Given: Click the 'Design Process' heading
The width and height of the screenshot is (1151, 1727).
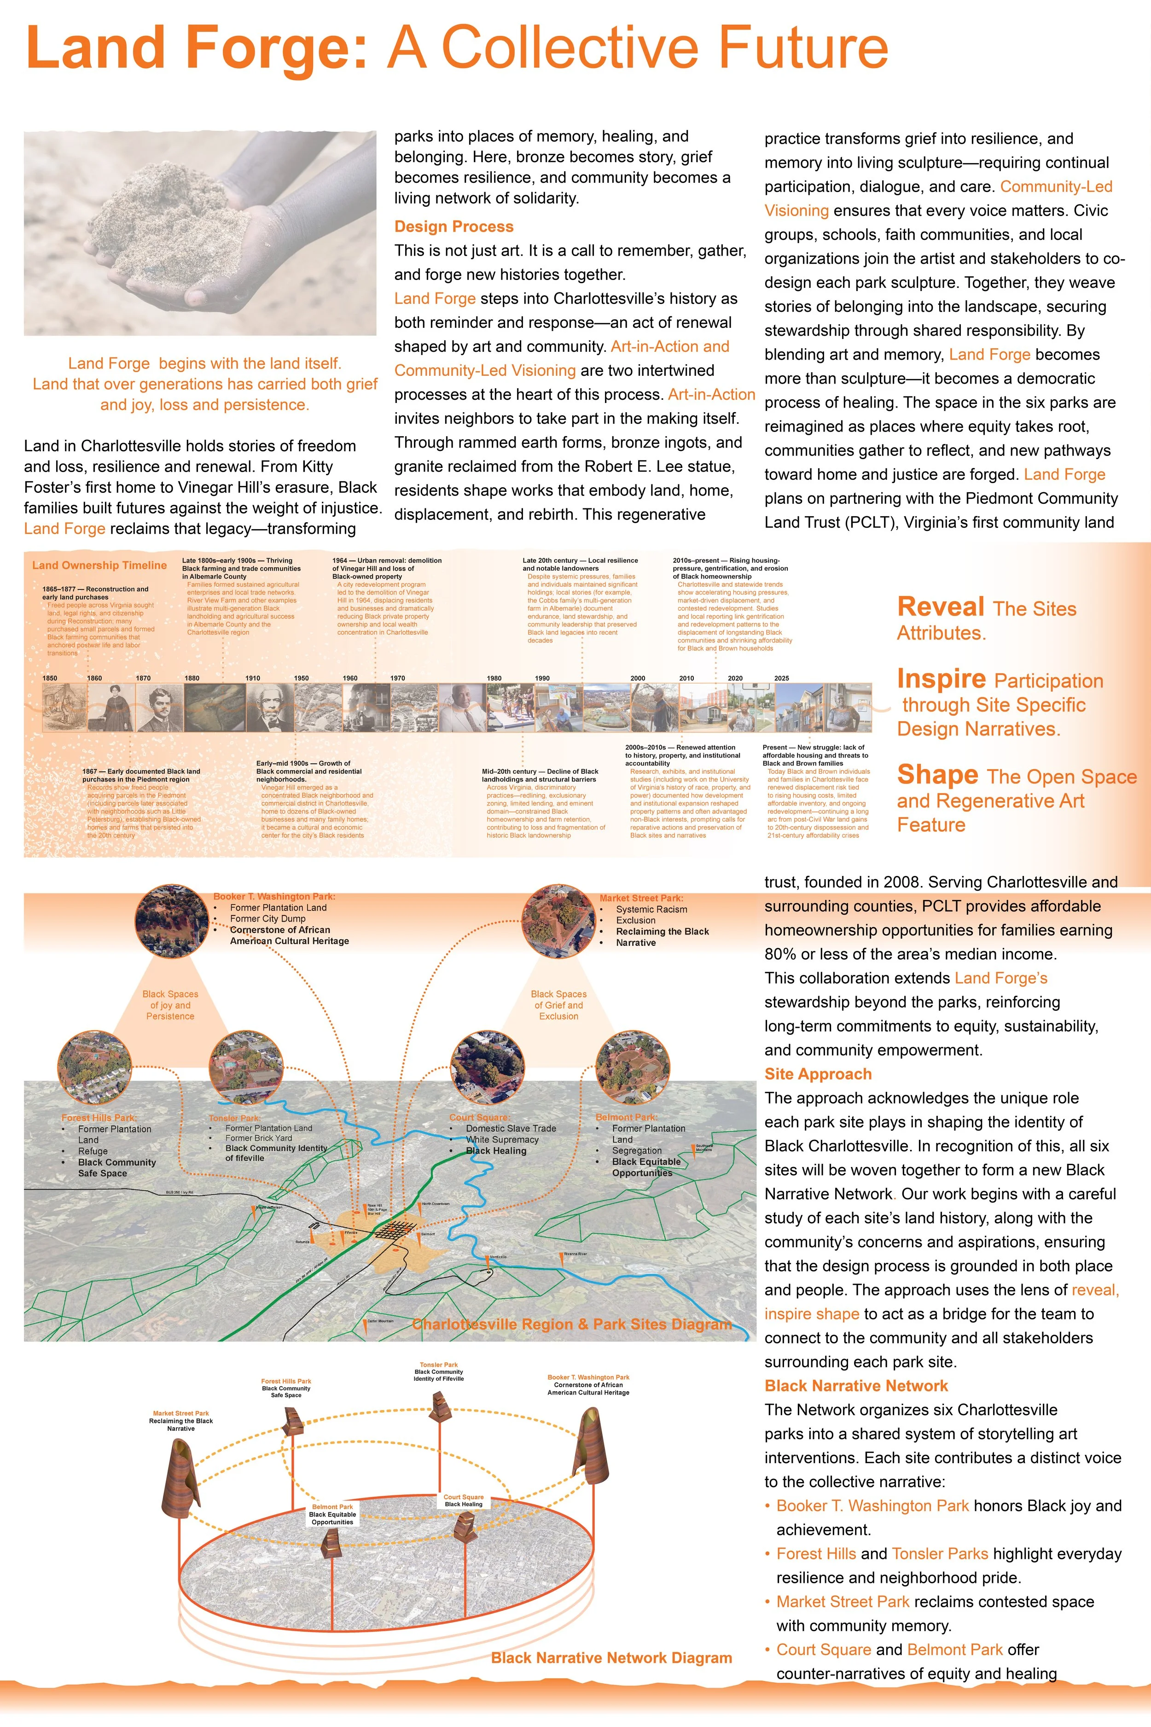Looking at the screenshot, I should (453, 227).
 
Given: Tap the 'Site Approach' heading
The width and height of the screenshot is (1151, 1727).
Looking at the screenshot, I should (818, 1074).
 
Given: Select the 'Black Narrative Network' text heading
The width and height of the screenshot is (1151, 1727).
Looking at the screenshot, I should (856, 1386).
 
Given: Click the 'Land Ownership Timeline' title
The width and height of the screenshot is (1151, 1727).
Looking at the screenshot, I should (99, 566).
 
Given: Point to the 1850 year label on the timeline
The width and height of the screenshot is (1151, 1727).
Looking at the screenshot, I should (50, 678).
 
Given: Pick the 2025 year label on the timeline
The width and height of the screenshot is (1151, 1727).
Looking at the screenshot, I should (782, 678).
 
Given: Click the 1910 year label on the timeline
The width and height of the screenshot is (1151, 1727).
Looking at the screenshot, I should (252, 678).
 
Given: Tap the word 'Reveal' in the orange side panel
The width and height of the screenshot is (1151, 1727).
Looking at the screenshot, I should (940, 607).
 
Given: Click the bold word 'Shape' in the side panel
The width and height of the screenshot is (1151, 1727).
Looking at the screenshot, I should (937, 776).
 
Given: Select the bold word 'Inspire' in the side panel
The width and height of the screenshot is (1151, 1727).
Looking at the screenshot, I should (941, 679).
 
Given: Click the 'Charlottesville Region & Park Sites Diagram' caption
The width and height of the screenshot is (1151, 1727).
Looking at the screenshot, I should (572, 1324).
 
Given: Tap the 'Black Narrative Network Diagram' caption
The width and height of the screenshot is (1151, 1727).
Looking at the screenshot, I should (611, 1658).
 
